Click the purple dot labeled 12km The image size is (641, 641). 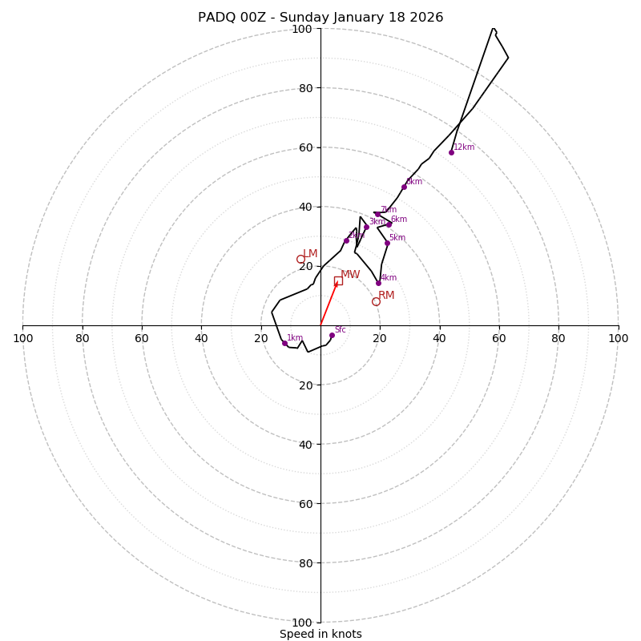click(451, 152)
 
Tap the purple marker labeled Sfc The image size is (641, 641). click(332, 335)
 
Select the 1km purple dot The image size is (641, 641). click(284, 343)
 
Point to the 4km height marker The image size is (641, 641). click(378, 283)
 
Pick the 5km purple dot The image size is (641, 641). click(387, 243)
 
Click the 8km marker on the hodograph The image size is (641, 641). click(404, 187)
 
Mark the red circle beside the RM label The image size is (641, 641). click(376, 301)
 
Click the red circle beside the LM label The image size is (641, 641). click(300, 259)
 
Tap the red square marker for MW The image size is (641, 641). click(338, 280)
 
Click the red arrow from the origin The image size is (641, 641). click(329, 303)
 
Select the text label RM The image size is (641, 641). click(386, 296)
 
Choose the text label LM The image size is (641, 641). click(310, 254)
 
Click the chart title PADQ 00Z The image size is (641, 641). click(320, 18)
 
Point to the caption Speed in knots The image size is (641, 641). click(320, 634)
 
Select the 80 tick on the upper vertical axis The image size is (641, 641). click(302, 88)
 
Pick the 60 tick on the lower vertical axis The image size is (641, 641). click(302, 503)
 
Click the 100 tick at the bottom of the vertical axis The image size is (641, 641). click(302, 622)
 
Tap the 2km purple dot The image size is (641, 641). click(346, 240)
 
